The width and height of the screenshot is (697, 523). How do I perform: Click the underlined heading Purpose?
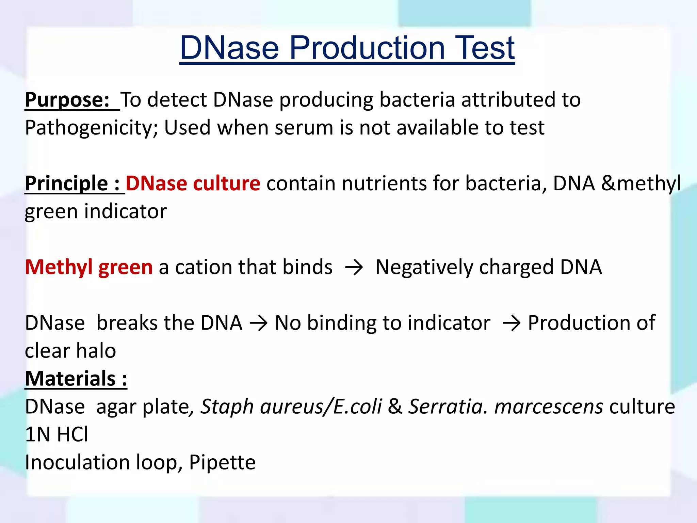(67, 100)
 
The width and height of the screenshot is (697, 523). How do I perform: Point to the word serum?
(304, 128)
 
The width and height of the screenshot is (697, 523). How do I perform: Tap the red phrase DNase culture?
(193, 184)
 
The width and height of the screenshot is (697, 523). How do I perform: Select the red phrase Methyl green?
(89, 267)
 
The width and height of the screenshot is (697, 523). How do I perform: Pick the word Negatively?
(424, 267)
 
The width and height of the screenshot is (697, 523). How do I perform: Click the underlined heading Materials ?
(76, 379)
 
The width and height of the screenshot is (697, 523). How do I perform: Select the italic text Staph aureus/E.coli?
(291, 407)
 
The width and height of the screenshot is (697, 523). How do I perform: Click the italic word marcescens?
(549, 407)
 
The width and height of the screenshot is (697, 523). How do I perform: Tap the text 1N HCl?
(56, 435)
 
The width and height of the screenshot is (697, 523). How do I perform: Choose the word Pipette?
(222, 463)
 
